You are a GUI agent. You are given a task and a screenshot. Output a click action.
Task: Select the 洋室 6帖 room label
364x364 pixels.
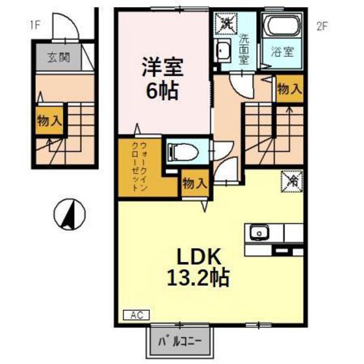click(x=163, y=77)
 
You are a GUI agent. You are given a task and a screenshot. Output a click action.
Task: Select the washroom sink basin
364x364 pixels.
click(x=223, y=50)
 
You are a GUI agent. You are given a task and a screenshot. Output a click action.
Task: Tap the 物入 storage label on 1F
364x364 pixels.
click(x=49, y=121)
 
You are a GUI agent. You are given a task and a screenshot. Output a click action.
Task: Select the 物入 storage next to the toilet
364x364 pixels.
click(x=194, y=183)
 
